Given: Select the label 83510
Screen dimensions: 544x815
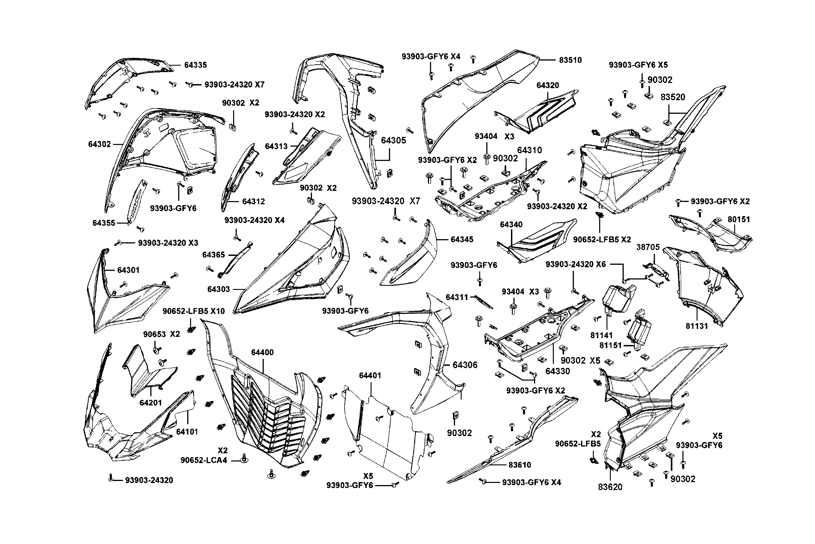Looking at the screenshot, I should [570, 60].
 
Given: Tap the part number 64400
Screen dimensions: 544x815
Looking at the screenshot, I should [262, 352].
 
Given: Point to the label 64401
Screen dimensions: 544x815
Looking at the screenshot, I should [370, 375].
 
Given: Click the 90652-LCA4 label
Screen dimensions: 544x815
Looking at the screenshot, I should [204, 460].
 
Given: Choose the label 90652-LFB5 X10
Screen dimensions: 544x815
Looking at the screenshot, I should [194, 311].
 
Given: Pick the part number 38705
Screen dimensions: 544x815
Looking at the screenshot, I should [648, 247].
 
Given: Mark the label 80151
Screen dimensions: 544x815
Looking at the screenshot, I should [739, 219].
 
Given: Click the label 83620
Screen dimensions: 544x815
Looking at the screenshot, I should [610, 487].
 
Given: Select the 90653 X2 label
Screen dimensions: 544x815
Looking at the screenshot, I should [161, 334].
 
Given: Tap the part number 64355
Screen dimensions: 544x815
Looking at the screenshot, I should [104, 223].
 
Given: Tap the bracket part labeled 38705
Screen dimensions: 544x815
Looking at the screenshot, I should [656, 271].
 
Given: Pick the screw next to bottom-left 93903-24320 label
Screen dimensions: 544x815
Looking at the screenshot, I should [111, 478].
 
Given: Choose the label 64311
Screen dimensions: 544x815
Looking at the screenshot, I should [457, 297].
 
